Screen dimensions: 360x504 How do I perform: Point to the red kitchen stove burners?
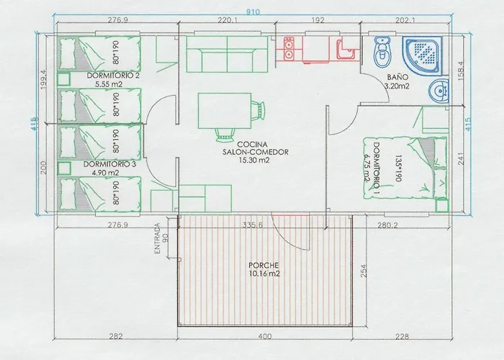(x=290, y=49)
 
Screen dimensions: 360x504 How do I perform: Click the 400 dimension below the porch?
(x=265, y=335)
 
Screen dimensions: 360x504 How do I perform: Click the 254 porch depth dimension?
(x=363, y=271)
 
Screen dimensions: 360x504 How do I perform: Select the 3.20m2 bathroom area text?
(x=396, y=86)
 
